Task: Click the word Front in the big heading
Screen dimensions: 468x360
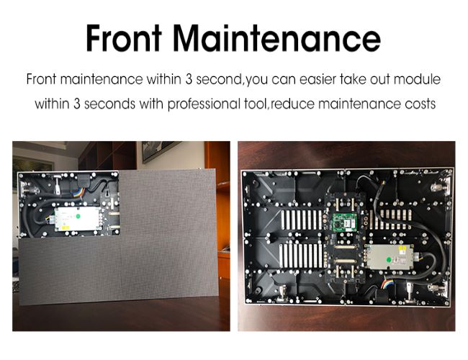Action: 124,38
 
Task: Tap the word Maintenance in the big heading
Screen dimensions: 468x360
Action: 276,38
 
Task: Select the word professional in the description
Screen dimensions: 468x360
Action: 204,104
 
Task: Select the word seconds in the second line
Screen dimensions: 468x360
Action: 109,104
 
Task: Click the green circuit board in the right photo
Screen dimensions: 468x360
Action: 345,222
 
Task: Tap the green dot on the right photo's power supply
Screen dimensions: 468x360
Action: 389,259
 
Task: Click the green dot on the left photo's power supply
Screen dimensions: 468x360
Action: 78,216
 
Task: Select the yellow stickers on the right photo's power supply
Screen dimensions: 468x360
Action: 402,248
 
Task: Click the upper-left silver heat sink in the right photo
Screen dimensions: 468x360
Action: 302,220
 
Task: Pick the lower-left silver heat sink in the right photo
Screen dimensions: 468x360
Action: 301,256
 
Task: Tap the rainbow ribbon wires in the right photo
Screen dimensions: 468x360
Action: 387,284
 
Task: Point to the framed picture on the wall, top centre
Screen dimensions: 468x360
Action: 159,150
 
